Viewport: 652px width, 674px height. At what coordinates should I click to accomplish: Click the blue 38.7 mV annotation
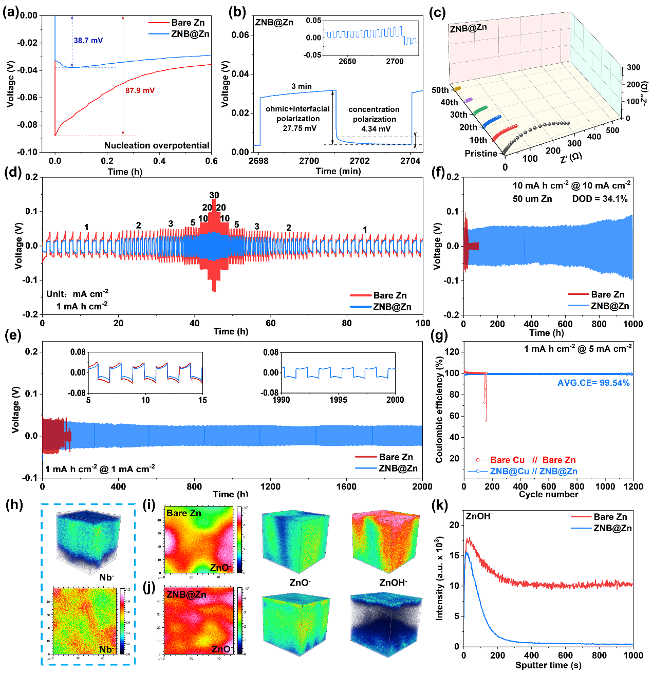click(x=88, y=41)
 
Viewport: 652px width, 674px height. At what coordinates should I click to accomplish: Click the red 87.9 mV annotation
click(x=140, y=90)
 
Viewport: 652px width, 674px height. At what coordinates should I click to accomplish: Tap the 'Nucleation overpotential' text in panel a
click(x=157, y=145)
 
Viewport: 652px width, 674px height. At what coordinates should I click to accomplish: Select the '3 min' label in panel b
click(x=302, y=86)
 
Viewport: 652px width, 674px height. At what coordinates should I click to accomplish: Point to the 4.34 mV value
click(x=376, y=129)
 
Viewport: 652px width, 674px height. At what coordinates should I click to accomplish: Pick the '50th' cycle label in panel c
click(x=440, y=90)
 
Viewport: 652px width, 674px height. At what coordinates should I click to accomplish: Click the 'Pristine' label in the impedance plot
click(x=481, y=153)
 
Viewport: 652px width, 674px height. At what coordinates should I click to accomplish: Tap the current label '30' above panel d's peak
click(x=214, y=195)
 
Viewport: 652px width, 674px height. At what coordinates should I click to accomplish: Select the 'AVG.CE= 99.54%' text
click(x=593, y=383)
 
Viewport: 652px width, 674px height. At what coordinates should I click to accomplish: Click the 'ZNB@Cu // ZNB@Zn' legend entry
click(x=533, y=471)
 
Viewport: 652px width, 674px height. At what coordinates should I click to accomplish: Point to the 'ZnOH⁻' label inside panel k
click(x=478, y=516)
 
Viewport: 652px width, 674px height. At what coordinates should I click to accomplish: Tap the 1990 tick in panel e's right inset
click(x=281, y=400)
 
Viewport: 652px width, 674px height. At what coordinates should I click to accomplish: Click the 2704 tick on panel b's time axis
click(x=411, y=161)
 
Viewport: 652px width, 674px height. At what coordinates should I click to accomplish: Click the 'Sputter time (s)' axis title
click(x=548, y=665)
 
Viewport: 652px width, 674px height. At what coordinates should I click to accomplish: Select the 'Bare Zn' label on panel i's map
click(x=184, y=513)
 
